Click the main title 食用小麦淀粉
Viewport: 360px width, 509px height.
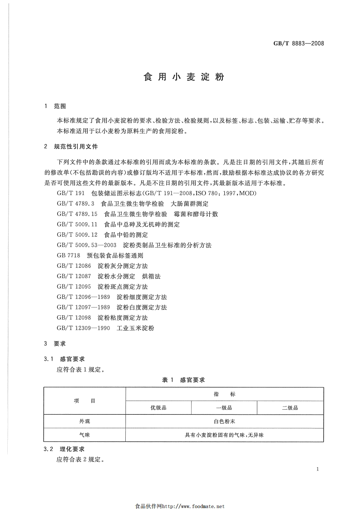pyautogui.click(x=184, y=77)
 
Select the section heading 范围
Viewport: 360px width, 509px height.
pyautogui.click(x=60, y=106)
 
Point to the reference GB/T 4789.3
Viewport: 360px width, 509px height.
pyautogui.click(x=75, y=204)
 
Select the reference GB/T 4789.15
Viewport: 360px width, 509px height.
pyautogui.click(x=77, y=214)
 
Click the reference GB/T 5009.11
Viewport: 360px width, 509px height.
pyautogui.click(x=77, y=225)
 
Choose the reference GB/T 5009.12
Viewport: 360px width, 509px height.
pyautogui.click(x=77, y=235)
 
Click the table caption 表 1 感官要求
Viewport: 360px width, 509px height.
pyautogui.click(x=183, y=380)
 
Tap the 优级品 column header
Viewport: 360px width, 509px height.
pyautogui.click(x=158, y=408)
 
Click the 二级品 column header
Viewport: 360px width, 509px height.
pyautogui.click(x=290, y=408)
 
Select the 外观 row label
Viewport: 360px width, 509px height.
pyautogui.click(x=84, y=421)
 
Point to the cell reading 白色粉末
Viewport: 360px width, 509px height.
pyautogui.click(x=224, y=421)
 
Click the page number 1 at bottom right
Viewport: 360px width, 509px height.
pyautogui.click(x=318, y=470)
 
